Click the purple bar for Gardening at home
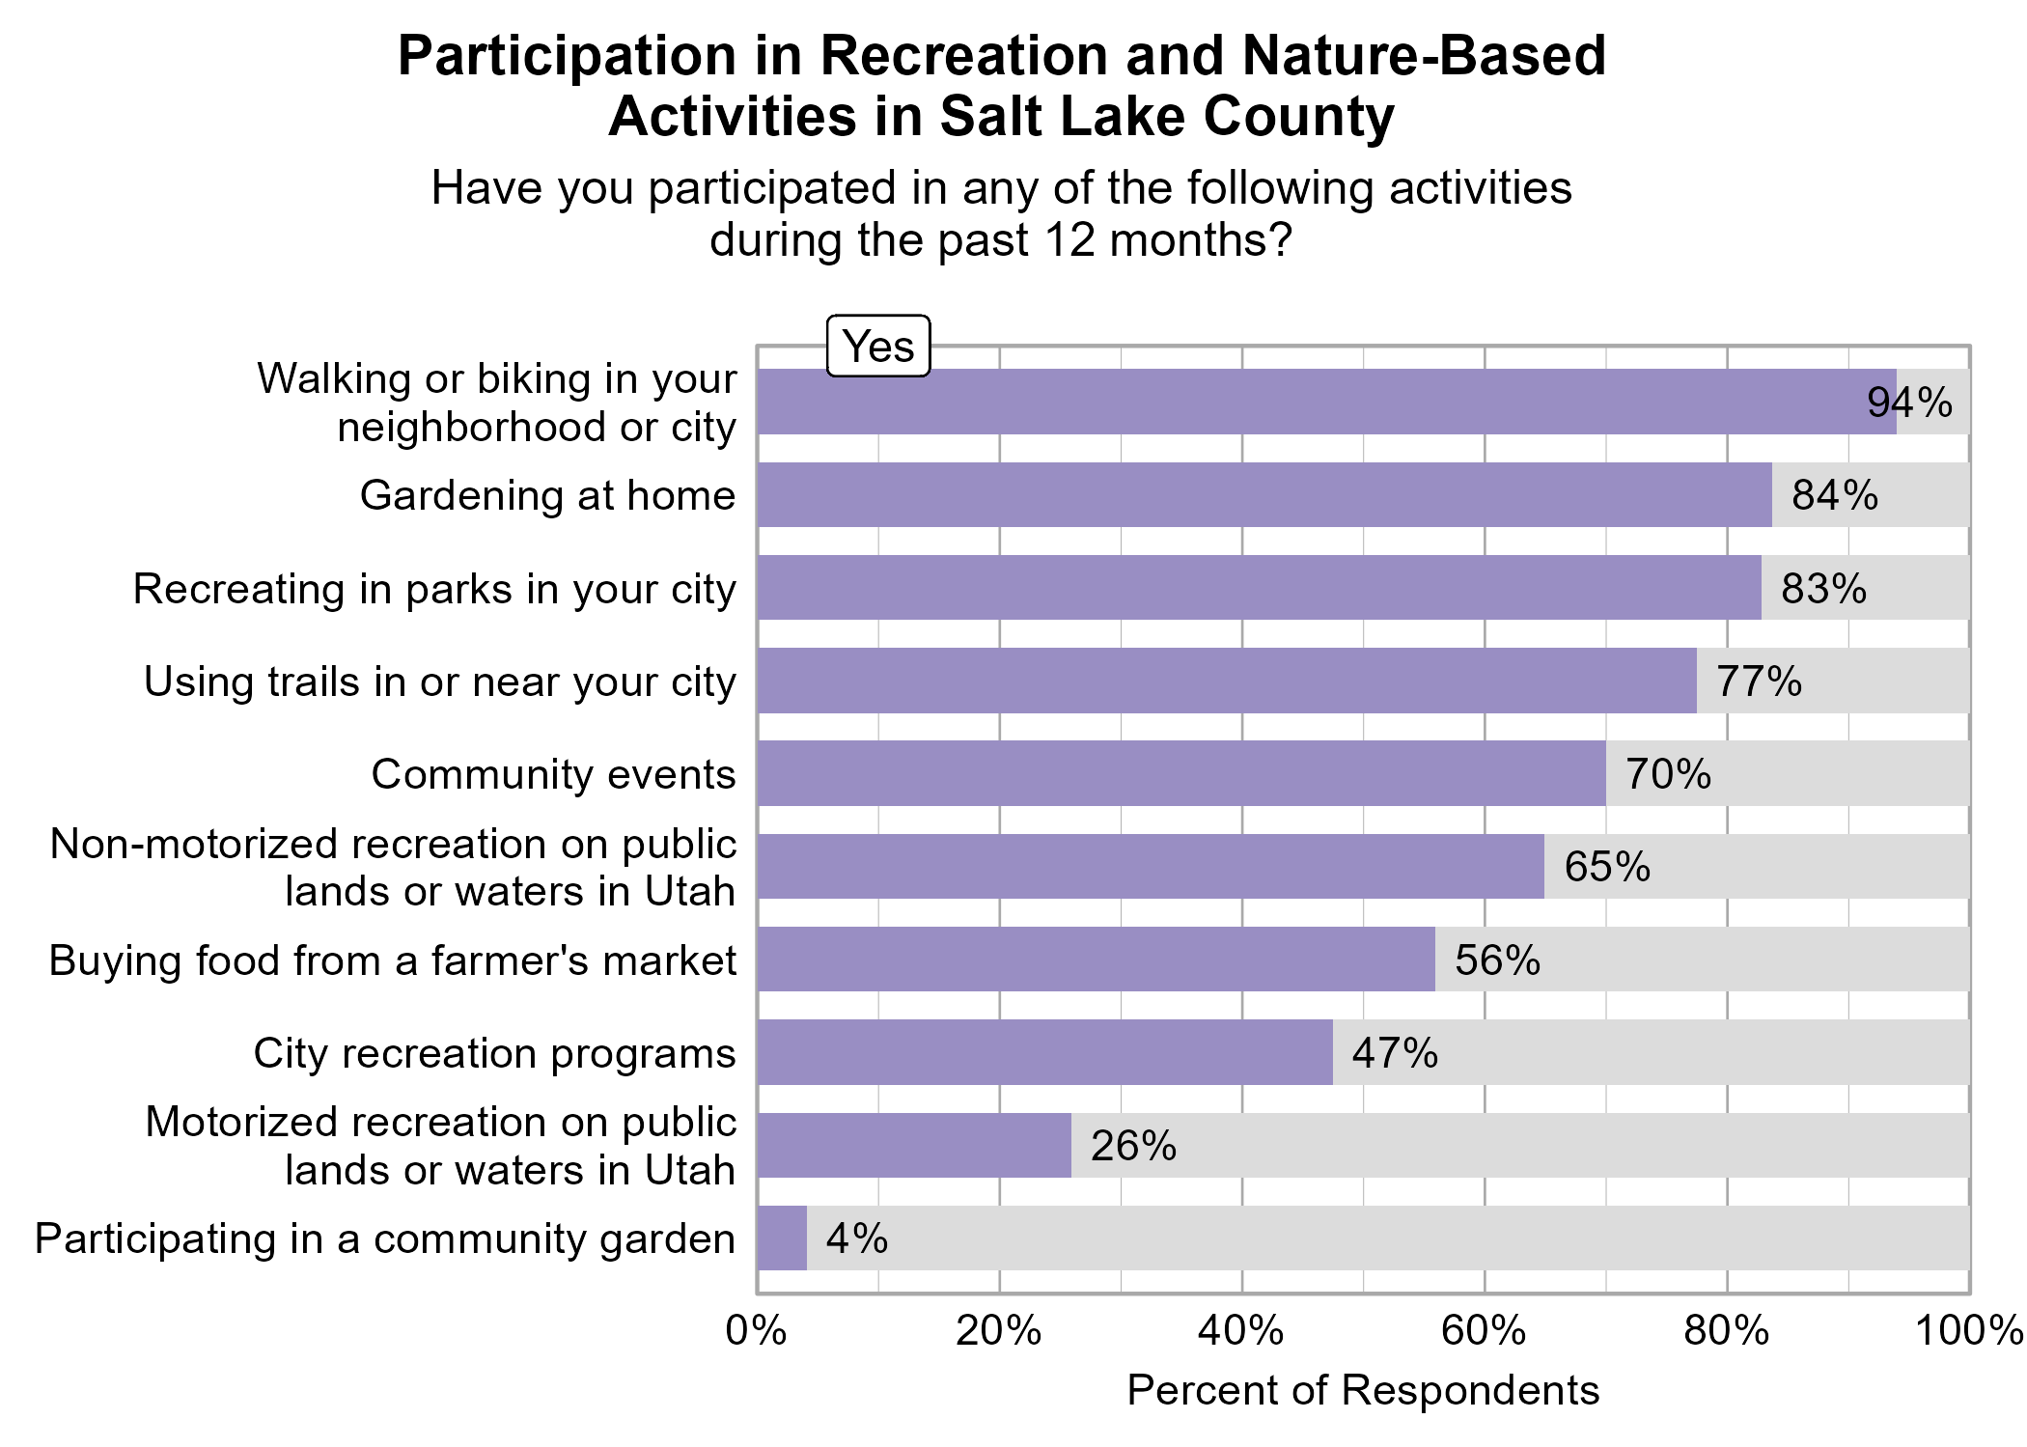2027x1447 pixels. [1264, 494]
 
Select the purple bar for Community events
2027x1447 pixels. [1181, 773]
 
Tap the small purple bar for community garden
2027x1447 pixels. [782, 1238]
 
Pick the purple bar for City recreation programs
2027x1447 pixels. [1044, 1052]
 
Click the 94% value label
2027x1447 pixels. [1909, 403]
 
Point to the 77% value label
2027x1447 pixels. [1759, 682]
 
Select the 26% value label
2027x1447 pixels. [1133, 1146]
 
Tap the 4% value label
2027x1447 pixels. [857, 1238]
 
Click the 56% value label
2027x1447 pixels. [1497, 960]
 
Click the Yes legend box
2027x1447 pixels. [878, 346]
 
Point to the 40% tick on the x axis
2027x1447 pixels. [1241, 1331]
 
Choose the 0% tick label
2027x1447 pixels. [756, 1331]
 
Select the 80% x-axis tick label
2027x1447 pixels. [1727, 1331]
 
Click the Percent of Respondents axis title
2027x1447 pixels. [1363, 1390]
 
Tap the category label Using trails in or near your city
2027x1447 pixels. [440, 682]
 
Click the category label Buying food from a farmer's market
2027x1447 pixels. [393, 960]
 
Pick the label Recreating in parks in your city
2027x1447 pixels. [434, 589]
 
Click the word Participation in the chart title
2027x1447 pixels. [568, 56]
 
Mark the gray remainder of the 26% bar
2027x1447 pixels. [1520, 1146]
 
